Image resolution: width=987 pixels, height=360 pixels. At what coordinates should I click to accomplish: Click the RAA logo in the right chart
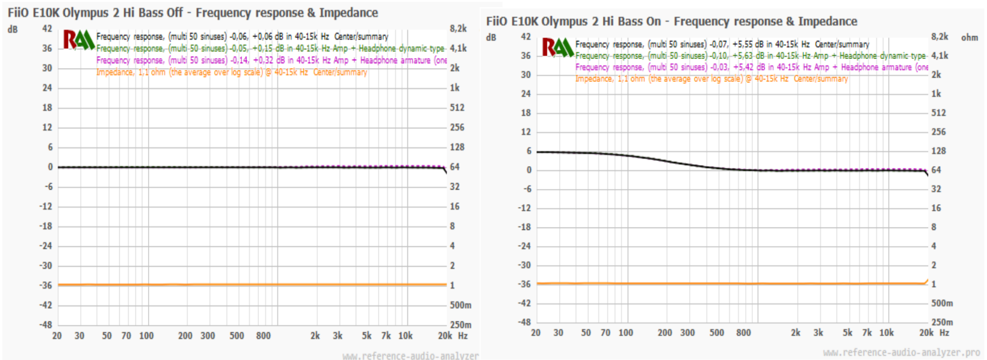pyautogui.click(x=557, y=47)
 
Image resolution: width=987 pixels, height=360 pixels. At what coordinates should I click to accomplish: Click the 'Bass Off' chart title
pyautogui.click(x=193, y=13)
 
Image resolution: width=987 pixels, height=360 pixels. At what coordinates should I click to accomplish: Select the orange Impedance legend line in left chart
pyautogui.click(x=232, y=72)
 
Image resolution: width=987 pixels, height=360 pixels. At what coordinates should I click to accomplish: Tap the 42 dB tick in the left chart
pyautogui.click(x=47, y=28)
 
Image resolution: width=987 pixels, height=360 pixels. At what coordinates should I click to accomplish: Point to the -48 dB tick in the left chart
pyautogui.click(x=46, y=324)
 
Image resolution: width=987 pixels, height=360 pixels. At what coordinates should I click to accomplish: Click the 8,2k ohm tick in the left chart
pyautogui.click(x=458, y=28)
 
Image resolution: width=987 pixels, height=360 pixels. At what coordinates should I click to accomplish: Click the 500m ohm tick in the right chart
pyautogui.click(x=942, y=303)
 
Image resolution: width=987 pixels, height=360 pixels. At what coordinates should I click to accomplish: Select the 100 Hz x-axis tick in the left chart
pyautogui.click(x=146, y=336)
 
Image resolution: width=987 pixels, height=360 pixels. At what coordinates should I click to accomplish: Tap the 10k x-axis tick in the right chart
pyautogui.click(x=886, y=332)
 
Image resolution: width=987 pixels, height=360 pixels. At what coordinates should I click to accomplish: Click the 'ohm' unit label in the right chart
pyautogui.click(x=970, y=37)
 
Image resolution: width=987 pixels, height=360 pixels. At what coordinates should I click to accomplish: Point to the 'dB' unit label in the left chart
pyautogui.click(x=13, y=29)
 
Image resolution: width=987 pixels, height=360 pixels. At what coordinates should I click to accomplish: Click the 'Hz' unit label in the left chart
pyautogui.click(x=463, y=336)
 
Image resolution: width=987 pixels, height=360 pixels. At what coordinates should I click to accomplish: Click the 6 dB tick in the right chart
pyautogui.click(x=529, y=151)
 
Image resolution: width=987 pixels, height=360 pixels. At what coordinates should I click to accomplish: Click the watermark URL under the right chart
pyautogui.click(x=901, y=353)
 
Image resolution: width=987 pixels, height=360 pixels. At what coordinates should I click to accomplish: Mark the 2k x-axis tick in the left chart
pyautogui.click(x=315, y=336)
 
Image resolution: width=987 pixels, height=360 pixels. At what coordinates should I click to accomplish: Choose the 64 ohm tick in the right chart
pyautogui.click(x=936, y=170)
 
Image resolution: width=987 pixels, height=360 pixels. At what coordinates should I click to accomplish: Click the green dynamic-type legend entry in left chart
pyautogui.click(x=270, y=48)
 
